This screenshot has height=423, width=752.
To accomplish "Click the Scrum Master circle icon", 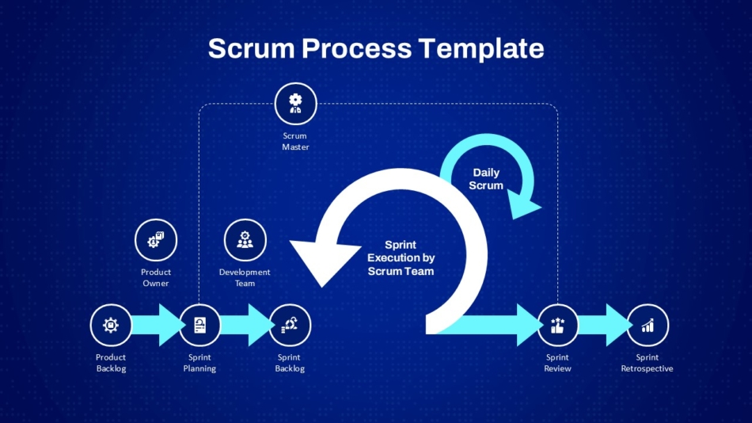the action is point(295,104).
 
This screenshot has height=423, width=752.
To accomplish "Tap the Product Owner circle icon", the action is point(156,240).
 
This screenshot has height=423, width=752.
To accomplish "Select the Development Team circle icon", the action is point(245,240).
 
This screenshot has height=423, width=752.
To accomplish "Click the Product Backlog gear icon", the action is point(111,325).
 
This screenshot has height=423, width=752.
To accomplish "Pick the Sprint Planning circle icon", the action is point(200,325).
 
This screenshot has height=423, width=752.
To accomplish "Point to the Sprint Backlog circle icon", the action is point(290,325).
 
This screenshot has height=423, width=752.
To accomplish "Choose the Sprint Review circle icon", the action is point(557,325).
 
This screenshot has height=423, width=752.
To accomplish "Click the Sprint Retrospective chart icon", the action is point(648,325).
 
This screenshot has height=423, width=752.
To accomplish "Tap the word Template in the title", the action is point(481,48).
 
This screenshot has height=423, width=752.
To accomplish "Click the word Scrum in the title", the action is point(251,48).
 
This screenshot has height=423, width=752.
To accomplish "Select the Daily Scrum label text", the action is point(486,179).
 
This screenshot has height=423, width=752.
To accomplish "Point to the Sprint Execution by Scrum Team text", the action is point(401,257).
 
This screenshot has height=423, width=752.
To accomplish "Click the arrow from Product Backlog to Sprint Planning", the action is point(158,325).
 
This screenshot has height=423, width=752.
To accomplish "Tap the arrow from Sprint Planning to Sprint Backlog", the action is point(246,325).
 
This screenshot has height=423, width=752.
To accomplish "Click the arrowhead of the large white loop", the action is point(325,261).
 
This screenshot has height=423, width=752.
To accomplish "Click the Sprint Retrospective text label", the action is point(647,363).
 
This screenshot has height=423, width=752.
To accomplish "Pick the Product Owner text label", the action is point(156,277).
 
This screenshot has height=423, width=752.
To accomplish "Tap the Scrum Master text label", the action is point(295,142).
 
